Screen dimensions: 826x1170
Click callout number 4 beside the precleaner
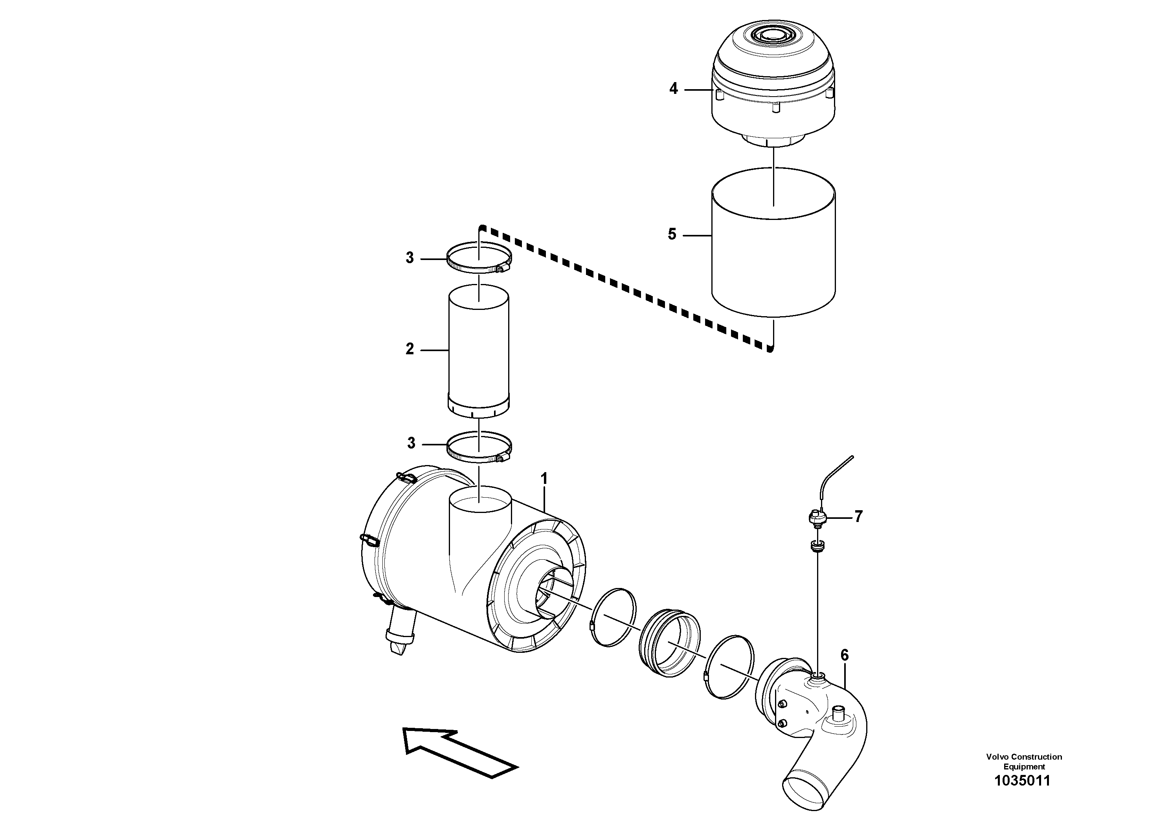pyautogui.click(x=673, y=89)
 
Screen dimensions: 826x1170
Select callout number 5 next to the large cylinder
pyautogui.click(x=672, y=235)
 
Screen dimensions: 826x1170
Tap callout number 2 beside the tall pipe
pyautogui.click(x=410, y=349)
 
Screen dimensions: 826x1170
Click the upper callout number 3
pyautogui.click(x=410, y=258)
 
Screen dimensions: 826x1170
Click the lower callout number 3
pyautogui.click(x=411, y=443)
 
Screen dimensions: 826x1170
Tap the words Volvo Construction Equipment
pyautogui.click(x=1024, y=776)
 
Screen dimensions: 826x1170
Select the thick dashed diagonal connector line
pyautogui.click(x=627, y=291)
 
